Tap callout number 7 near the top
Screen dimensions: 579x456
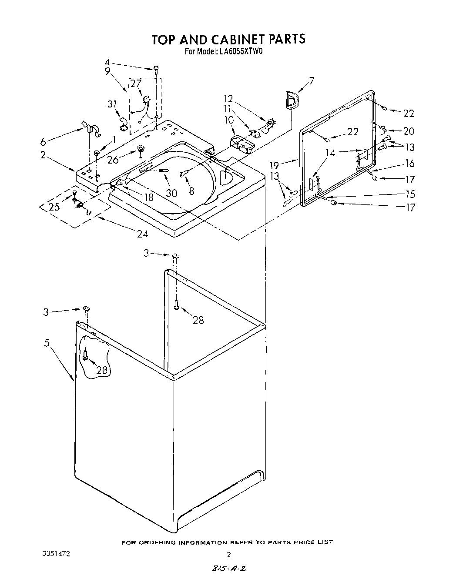(311, 80)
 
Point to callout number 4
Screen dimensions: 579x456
(107, 62)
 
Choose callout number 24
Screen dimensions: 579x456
(142, 234)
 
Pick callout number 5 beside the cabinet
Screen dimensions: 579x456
(47, 343)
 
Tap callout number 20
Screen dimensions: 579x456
(409, 131)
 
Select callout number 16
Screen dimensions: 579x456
(409, 164)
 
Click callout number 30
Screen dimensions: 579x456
(171, 192)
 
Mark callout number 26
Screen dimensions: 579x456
(113, 160)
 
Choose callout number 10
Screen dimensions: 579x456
(229, 120)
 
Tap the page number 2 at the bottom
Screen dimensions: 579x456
(228, 555)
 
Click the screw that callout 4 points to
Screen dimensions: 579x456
(155, 68)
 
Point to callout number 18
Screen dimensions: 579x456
(149, 197)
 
